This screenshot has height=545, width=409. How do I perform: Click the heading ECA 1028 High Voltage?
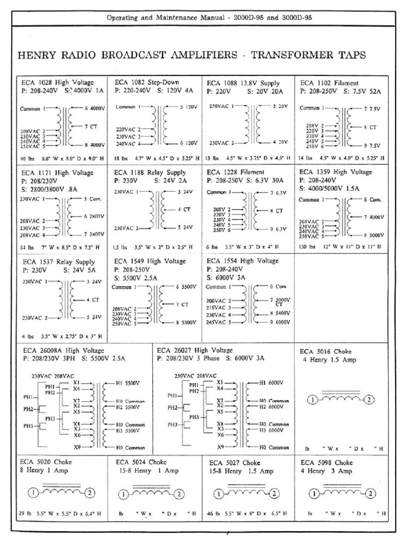[58, 82]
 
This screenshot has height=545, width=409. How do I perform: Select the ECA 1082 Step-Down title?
[147, 82]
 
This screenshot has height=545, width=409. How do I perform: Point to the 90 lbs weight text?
[28, 158]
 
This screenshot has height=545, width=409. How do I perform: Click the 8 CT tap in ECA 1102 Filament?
[370, 128]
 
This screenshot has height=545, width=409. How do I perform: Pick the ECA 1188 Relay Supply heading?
[150, 172]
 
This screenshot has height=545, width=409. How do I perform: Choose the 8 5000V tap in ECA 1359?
[373, 235]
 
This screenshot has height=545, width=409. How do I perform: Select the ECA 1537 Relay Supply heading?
[59, 262]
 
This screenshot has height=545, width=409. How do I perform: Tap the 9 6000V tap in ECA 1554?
[280, 322]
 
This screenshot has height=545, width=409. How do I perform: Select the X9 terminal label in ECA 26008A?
[77, 447]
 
